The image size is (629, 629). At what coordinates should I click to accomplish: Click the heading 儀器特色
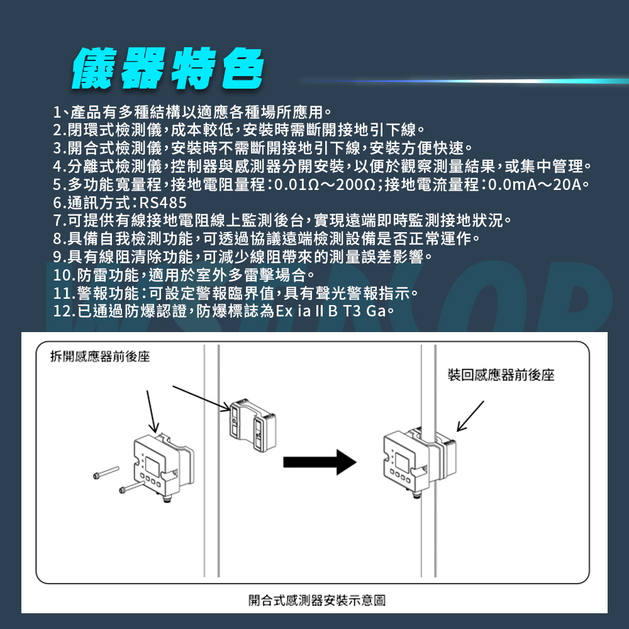click(x=167, y=67)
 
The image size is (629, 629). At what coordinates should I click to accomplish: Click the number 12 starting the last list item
click(x=61, y=310)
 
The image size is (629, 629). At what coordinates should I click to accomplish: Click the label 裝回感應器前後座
click(x=501, y=376)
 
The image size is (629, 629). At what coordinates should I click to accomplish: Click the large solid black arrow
click(x=319, y=462)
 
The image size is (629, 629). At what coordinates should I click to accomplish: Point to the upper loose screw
click(x=105, y=472)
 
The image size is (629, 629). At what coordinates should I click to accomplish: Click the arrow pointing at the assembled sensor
click(x=469, y=416)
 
